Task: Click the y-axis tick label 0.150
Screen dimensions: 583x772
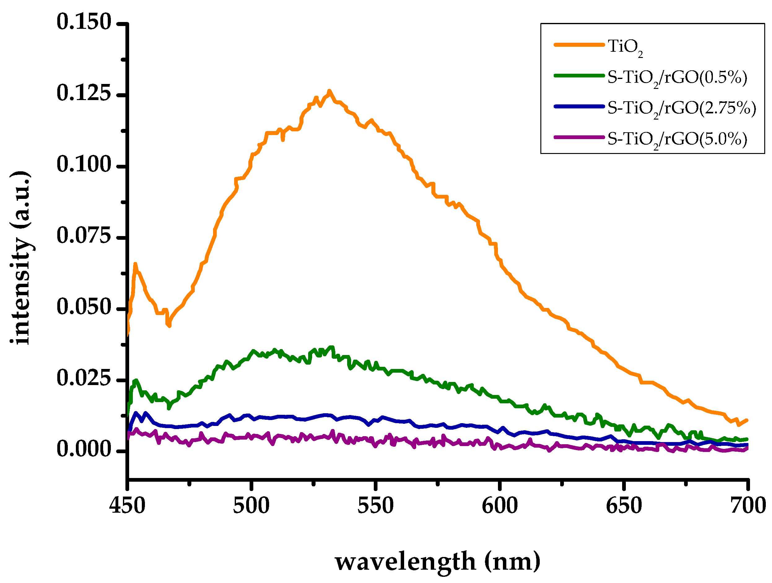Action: click(x=84, y=22)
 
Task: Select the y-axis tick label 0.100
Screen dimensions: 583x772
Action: click(x=84, y=165)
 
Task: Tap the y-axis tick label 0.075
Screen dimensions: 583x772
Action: click(x=84, y=236)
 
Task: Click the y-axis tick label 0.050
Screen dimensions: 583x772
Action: click(x=84, y=308)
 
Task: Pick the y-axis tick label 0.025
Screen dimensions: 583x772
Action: click(x=84, y=379)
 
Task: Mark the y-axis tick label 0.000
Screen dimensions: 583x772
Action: click(x=84, y=450)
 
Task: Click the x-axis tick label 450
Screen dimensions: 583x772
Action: click(x=127, y=506)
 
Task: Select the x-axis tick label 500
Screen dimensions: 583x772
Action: click(x=251, y=506)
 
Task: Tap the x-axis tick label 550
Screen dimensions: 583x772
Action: click(x=376, y=506)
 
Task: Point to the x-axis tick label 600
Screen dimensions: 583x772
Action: click(x=500, y=506)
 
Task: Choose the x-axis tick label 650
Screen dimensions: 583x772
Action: click(x=624, y=506)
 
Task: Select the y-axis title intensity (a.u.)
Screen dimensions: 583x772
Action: click(x=20, y=258)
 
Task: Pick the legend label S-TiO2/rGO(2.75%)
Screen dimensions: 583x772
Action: click(x=682, y=108)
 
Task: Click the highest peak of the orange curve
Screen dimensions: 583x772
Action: click(x=329, y=91)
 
